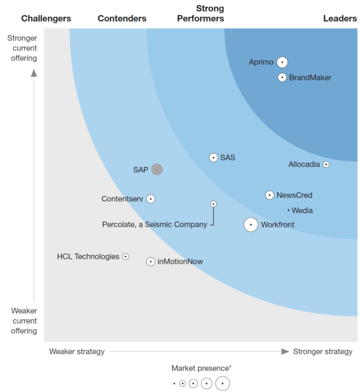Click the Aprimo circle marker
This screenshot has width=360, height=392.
point(282,62)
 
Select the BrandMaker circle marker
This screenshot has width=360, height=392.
point(282,77)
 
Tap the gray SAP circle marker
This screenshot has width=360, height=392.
point(157,169)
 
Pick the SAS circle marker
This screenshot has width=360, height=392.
point(213,157)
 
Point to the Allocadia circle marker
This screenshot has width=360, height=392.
point(326,164)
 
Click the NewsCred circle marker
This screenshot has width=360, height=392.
point(270,195)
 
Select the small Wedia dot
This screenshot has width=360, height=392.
point(289,210)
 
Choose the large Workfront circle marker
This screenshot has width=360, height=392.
point(251,225)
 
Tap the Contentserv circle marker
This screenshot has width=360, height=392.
point(151,199)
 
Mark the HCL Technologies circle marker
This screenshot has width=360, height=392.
point(125,256)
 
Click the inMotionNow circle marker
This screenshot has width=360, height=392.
point(151,261)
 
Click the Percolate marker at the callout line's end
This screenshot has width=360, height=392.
point(213,204)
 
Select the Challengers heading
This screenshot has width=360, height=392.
point(46,19)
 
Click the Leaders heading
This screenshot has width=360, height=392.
point(340,19)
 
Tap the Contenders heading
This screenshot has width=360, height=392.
point(122,19)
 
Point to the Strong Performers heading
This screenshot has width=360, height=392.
point(201,14)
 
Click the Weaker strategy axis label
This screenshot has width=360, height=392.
point(77,351)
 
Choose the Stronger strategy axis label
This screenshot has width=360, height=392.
point(322,351)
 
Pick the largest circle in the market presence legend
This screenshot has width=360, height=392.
point(223,383)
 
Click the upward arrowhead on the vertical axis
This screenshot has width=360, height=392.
point(34,73)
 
